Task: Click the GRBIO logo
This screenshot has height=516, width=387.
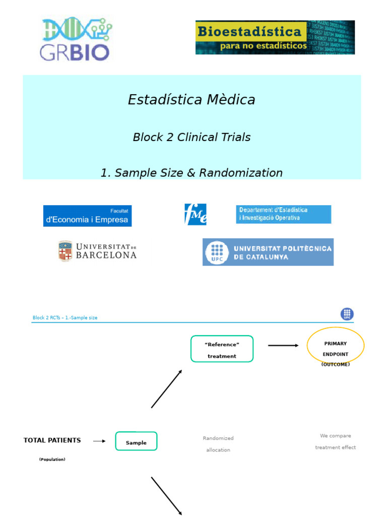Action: pyautogui.click(x=76, y=39)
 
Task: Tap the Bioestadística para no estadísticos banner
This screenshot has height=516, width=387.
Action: pyautogui.click(x=275, y=37)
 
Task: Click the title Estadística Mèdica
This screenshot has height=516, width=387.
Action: pyautogui.click(x=191, y=100)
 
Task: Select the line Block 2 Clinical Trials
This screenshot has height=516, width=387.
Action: pyautogui.click(x=191, y=137)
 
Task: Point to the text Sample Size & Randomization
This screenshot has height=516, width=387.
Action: pyautogui.click(x=191, y=173)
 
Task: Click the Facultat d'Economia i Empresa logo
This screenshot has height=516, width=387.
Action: pyautogui.click(x=87, y=216)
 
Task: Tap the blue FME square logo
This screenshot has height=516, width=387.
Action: pyautogui.click(x=196, y=214)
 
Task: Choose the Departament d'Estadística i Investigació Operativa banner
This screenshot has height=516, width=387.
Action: pyautogui.click(x=283, y=214)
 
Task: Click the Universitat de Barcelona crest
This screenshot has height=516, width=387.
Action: pyautogui.click(x=65, y=251)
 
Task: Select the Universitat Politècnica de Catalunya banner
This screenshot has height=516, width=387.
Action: pyautogui.click(x=268, y=252)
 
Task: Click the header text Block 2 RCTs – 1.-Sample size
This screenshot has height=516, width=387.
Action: pyautogui.click(x=65, y=318)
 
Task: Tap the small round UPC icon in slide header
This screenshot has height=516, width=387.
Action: pyautogui.click(x=347, y=314)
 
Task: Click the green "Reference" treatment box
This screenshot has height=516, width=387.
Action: pyautogui.click(x=222, y=349)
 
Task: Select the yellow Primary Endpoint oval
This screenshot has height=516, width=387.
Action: pyautogui.click(x=335, y=346)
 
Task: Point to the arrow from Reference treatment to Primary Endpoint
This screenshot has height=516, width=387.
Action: pyautogui.click(x=283, y=346)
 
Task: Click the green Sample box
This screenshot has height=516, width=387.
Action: pyautogui.click(x=136, y=441)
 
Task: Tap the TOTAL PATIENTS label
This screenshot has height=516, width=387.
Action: pyautogui.click(x=52, y=440)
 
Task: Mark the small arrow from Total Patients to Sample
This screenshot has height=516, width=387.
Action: pyautogui.click(x=99, y=441)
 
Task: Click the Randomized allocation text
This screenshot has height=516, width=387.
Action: pyautogui.click(x=218, y=444)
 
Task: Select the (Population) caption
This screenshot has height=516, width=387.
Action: pyautogui.click(x=52, y=460)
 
